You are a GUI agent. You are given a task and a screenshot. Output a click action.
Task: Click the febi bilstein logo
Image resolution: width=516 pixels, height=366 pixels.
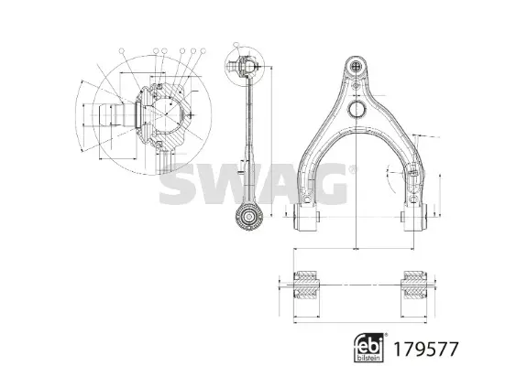click(369, 348)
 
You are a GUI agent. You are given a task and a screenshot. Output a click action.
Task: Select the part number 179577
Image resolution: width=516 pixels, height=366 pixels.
click(426, 349)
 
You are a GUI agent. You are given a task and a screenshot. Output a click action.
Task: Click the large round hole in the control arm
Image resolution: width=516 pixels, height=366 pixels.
click(357, 109)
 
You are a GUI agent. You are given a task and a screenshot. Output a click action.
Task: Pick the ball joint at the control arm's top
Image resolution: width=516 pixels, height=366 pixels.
click(356, 66)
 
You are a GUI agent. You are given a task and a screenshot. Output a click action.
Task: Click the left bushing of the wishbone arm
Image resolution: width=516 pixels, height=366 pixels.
click(307, 217)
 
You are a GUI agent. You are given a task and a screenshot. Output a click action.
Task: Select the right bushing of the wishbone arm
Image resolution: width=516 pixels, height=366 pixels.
click(413, 217)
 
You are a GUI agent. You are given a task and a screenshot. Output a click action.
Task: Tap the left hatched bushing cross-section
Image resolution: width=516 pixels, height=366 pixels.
click(307, 285)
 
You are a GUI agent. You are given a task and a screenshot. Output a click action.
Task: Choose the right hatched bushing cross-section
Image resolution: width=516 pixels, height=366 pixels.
click(414, 285)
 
